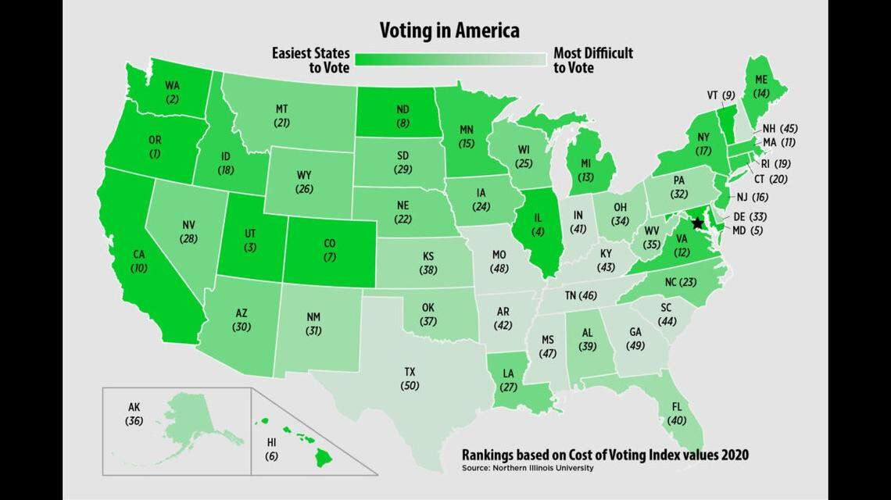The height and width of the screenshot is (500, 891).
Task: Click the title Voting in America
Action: pos(449,30)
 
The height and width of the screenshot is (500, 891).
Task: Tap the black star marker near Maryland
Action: pos(698,223)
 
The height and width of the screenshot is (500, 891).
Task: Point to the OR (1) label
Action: pos(155,146)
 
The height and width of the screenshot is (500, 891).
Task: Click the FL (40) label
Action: pos(675,414)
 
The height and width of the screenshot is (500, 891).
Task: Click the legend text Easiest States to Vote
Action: pos(310,60)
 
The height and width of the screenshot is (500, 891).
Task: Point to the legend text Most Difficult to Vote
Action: pos(592,60)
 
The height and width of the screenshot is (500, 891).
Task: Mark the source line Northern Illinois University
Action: pos(528,468)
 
